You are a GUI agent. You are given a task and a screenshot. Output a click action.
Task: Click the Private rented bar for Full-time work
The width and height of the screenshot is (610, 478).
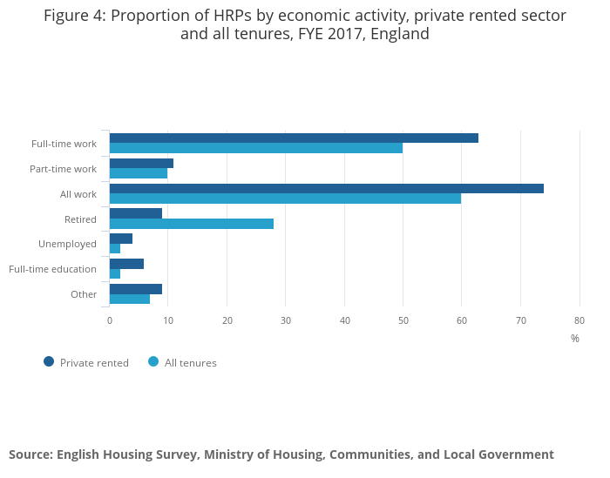pos(294,138)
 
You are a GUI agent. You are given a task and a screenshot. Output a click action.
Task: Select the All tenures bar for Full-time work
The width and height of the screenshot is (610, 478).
pos(256,148)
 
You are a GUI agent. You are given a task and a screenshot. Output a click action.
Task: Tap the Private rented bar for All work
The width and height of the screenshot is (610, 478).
pos(327,188)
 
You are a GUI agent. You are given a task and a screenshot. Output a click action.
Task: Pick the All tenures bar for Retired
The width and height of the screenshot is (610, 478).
pos(192,224)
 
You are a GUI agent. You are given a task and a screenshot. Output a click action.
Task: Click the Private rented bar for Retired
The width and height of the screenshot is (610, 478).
pos(136,213)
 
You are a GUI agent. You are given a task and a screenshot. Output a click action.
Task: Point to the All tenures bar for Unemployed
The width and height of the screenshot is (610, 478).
pos(115,249)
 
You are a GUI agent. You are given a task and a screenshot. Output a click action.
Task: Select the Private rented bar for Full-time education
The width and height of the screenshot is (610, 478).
pos(126,264)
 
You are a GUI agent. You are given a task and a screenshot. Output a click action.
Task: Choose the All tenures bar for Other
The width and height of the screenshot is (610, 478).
pos(130,300)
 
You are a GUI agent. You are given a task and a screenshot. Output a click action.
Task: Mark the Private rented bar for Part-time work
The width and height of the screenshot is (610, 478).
pos(141,163)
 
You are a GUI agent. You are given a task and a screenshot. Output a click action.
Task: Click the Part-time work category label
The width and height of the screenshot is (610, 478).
pos(63,169)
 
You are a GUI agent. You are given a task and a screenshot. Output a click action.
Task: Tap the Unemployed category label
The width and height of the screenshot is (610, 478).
pos(67,244)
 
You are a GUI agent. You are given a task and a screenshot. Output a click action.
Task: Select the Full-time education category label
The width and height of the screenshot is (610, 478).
pos(52,269)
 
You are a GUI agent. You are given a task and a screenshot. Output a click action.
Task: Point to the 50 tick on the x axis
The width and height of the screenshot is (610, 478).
pos(403,320)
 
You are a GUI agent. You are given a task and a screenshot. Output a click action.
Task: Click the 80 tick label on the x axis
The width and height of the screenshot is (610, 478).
pos(579,320)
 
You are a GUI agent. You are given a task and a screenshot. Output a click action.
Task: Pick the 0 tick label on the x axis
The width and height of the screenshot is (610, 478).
pos(110,320)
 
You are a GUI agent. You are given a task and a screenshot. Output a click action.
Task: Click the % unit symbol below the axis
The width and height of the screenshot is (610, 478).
pos(574,339)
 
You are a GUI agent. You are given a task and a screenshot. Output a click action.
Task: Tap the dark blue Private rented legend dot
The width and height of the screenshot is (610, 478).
pos(49,361)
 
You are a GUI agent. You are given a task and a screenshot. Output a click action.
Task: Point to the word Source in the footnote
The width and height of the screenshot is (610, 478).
pos(30,454)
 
